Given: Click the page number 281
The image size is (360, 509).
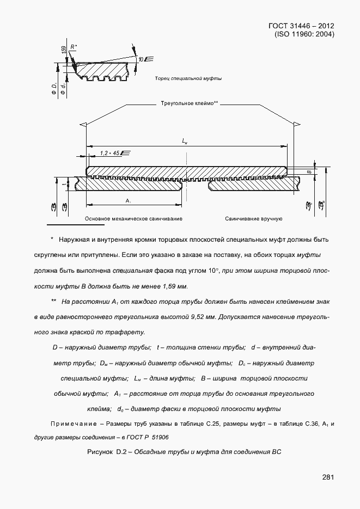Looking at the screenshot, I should click(x=328, y=477).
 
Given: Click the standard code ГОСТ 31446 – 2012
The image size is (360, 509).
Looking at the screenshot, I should click(x=302, y=26).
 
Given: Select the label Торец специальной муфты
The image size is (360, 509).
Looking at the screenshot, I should click(x=188, y=78).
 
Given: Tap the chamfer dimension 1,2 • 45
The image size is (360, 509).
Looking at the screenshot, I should click(x=110, y=154).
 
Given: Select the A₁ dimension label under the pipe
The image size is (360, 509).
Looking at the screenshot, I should click(x=128, y=201).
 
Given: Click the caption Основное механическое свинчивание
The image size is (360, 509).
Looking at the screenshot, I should click(x=133, y=218).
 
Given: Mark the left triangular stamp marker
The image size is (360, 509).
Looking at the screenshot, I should click(x=82, y=125).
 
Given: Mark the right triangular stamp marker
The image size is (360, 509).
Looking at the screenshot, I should click(x=296, y=125).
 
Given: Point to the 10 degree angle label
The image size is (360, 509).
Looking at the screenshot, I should click(x=141, y=59).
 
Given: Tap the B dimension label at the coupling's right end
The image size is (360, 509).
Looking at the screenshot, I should click(x=309, y=171).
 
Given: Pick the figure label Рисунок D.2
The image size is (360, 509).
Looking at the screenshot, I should click(x=107, y=451).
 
